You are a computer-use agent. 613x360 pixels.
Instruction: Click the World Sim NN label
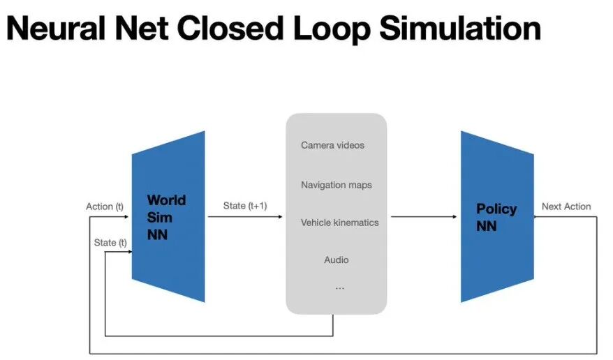point(166,217)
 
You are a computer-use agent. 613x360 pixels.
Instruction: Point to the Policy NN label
point(496,217)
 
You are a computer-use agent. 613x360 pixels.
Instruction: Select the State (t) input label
point(110,242)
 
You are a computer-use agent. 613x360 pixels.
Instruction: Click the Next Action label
point(566,207)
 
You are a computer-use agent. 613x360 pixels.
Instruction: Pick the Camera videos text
point(332,145)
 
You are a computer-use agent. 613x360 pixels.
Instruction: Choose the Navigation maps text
point(336,185)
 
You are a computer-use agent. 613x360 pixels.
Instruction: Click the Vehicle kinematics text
point(339,223)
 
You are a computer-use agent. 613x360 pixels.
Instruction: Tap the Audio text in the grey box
point(336,260)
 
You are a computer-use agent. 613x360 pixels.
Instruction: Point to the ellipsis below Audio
point(339,287)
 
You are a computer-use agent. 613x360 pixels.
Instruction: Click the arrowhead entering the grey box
point(281,217)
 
